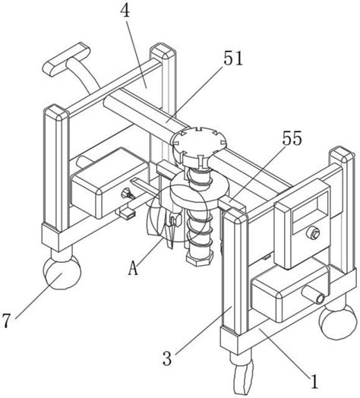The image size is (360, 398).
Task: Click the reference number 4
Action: point(125,10)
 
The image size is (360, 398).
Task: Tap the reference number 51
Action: point(233,58)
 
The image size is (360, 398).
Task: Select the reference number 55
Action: point(292,138)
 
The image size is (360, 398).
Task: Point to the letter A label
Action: point(133,269)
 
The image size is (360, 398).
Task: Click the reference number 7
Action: point(6,321)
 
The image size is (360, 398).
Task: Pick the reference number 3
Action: point(167,359)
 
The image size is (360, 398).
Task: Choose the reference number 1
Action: point(314,381)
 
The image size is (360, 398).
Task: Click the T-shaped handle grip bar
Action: point(67,59)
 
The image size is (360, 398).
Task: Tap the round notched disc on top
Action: point(198,141)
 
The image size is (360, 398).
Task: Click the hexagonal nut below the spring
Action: point(199,258)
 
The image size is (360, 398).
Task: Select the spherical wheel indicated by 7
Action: point(62,272)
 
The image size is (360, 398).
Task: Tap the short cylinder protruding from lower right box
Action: point(313,295)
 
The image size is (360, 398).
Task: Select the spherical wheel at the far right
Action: point(339,322)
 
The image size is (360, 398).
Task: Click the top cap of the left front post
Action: point(56,112)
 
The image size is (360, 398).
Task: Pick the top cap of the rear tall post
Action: point(163,52)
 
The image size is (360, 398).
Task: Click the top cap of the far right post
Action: point(342,156)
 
